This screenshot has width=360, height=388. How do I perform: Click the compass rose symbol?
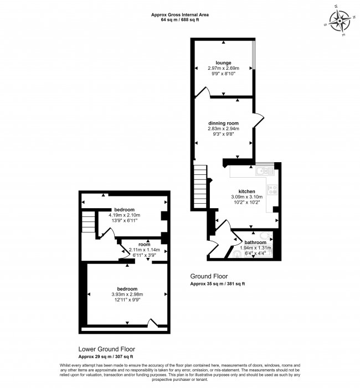pos(340,20)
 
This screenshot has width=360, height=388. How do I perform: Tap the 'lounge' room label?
pos(223,63)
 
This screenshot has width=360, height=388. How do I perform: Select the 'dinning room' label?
pos(223,123)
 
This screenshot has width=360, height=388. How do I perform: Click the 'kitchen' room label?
pos(246,192)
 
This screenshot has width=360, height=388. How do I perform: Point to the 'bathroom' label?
pos(255,242)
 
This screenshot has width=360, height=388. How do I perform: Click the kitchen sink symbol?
pos(265,171)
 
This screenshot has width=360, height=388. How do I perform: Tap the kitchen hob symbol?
pos(272,190)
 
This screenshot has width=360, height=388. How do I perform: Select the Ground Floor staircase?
pos(200,187)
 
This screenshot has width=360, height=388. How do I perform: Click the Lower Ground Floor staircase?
pos(89,222)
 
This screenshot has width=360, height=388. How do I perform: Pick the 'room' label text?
pos(145,245)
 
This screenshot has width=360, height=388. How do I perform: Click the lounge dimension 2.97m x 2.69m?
pos(223,68)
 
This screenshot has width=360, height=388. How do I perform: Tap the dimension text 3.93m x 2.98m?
pos(127,294)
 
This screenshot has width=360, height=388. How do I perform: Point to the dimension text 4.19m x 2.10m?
pos(124,215)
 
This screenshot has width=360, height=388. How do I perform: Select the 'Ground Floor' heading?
pos(209,276)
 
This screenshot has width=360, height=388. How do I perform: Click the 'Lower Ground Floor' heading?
pos(107,349)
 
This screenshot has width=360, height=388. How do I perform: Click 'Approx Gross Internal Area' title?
pos(180,15)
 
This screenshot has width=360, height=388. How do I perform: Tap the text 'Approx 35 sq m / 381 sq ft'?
pos(218,284)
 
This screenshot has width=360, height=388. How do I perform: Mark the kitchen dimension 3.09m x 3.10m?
pos(246,197)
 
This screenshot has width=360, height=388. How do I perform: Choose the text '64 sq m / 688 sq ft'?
pos(180,20)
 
